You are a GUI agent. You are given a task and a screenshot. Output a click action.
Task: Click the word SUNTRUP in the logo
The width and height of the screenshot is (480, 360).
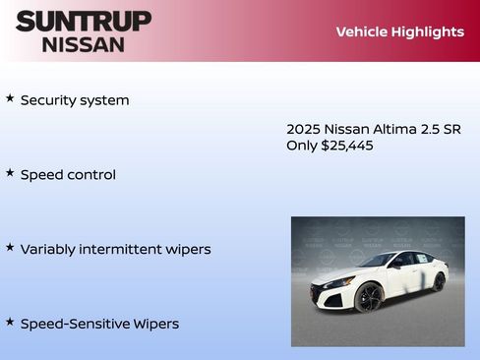click(84, 21)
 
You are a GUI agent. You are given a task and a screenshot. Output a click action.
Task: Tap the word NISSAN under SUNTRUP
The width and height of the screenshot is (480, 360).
click(84, 44)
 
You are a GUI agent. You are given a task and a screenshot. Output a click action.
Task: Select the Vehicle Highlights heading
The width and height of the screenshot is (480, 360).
click(399, 31)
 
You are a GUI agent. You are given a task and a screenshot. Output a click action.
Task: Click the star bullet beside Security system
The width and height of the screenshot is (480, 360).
click(10, 98)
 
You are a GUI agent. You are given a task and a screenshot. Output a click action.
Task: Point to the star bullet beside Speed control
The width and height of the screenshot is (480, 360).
click(10, 173)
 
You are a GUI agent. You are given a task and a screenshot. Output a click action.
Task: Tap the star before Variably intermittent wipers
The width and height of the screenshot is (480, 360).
click(10, 248)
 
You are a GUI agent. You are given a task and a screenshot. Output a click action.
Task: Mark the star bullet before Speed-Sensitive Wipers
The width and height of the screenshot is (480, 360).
click(10, 322)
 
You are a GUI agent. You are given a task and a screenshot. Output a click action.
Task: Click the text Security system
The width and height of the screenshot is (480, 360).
click(75, 100)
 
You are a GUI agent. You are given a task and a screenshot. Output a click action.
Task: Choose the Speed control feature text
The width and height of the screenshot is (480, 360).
click(68, 175)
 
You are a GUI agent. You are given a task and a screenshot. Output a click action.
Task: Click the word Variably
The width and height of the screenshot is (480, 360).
click(50, 250)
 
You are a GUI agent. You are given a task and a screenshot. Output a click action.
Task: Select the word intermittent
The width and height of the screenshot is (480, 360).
click(123, 250)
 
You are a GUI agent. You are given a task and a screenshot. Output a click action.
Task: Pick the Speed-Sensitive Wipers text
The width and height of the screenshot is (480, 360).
click(99, 324)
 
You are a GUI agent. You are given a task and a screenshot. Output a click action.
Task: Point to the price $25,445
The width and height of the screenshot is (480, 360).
click(347, 146)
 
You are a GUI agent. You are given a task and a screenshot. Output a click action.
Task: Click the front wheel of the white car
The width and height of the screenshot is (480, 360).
click(369, 297)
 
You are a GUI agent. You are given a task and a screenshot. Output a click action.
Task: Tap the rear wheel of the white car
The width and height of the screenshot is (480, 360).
click(439, 282)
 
